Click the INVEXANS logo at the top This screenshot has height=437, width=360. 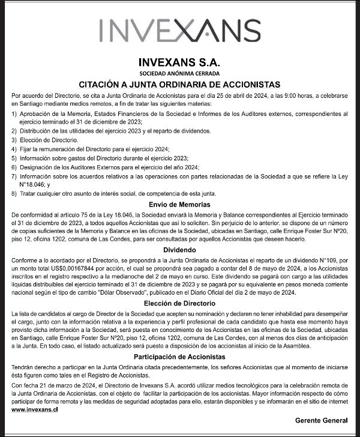click(179, 30)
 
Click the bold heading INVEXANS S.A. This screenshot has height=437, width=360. click(179, 61)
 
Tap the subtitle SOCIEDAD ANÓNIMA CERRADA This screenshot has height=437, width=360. click(179, 73)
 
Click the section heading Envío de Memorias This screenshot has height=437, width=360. click(179, 205)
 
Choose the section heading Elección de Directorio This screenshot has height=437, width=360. click(179, 303)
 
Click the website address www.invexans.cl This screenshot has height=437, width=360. click(35, 409)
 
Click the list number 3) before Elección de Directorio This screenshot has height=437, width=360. click(14, 139)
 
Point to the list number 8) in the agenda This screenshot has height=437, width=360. click(14, 193)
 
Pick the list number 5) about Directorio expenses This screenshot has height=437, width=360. click(14, 157)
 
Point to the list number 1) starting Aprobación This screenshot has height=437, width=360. click(14, 113)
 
